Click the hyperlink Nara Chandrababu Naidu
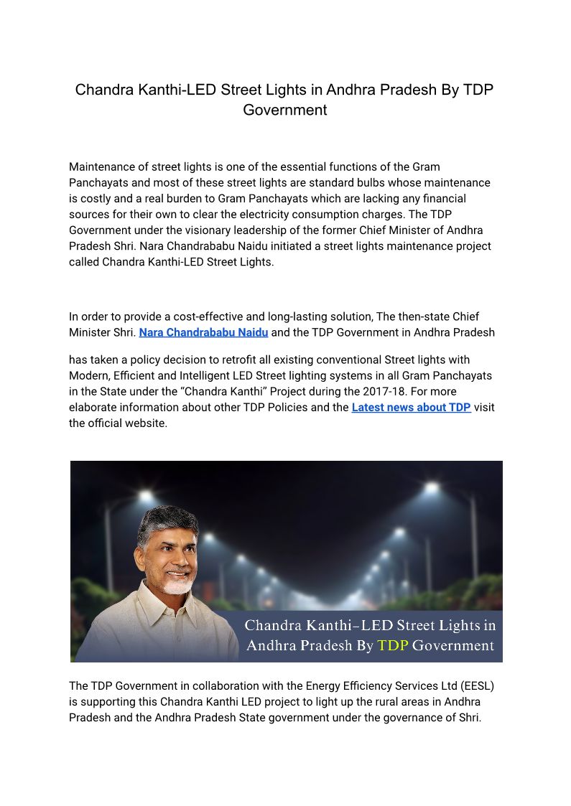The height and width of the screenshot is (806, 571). point(203,332)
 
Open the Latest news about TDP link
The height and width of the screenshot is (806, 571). point(411,407)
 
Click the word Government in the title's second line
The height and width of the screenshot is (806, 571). point(285,110)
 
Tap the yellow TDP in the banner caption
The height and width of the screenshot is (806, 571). point(393,645)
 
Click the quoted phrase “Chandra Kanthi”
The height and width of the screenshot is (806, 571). point(251,391)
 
